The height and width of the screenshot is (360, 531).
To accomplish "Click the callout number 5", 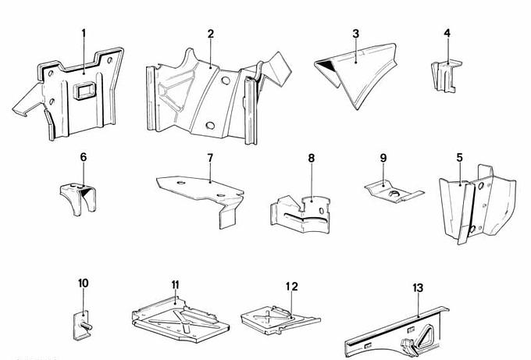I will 458,157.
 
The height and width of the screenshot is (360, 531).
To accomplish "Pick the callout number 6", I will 84,157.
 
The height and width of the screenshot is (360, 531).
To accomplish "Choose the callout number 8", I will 311,158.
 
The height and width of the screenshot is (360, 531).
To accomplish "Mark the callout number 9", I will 383,158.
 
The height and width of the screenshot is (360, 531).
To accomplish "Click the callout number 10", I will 84,283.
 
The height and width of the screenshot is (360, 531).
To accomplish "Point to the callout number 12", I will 290,287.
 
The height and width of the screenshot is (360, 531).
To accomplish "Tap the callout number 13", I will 418,288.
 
